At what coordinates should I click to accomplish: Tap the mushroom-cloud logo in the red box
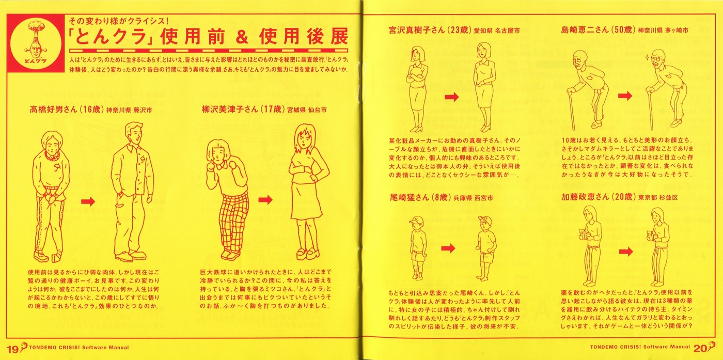click(x=36, y=43)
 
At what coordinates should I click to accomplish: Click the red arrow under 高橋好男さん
click(x=88, y=201)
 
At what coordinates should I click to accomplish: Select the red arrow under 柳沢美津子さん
click(x=265, y=200)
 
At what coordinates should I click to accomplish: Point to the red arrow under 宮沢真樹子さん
click(x=451, y=97)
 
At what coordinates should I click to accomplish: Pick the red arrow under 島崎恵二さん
click(x=625, y=96)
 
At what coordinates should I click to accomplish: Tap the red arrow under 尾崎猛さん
click(x=448, y=248)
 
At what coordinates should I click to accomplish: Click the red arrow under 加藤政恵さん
click(x=626, y=252)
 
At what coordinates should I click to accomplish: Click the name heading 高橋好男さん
click(x=53, y=109)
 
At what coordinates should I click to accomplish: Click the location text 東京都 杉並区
click(x=658, y=197)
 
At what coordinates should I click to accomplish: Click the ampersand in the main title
click(x=242, y=37)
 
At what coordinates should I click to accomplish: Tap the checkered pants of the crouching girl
click(x=233, y=223)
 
